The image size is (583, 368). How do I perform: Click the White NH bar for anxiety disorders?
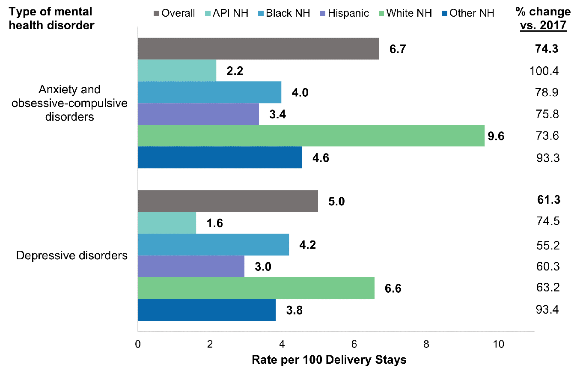pyautogui.click(x=311, y=136)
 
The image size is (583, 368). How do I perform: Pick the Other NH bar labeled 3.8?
pyautogui.click(x=207, y=310)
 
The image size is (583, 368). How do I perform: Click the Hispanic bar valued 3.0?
pyautogui.click(x=191, y=267)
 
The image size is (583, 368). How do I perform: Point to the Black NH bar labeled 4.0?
pyautogui.click(x=209, y=92)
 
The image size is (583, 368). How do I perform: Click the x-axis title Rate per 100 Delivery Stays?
pyautogui.click(x=329, y=359)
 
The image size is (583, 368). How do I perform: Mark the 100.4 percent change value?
pyautogui.click(x=543, y=71)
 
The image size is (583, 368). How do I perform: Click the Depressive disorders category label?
pyautogui.click(x=72, y=256)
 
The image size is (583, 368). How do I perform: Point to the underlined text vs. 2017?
pyautogui.click(x=543, y=25)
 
